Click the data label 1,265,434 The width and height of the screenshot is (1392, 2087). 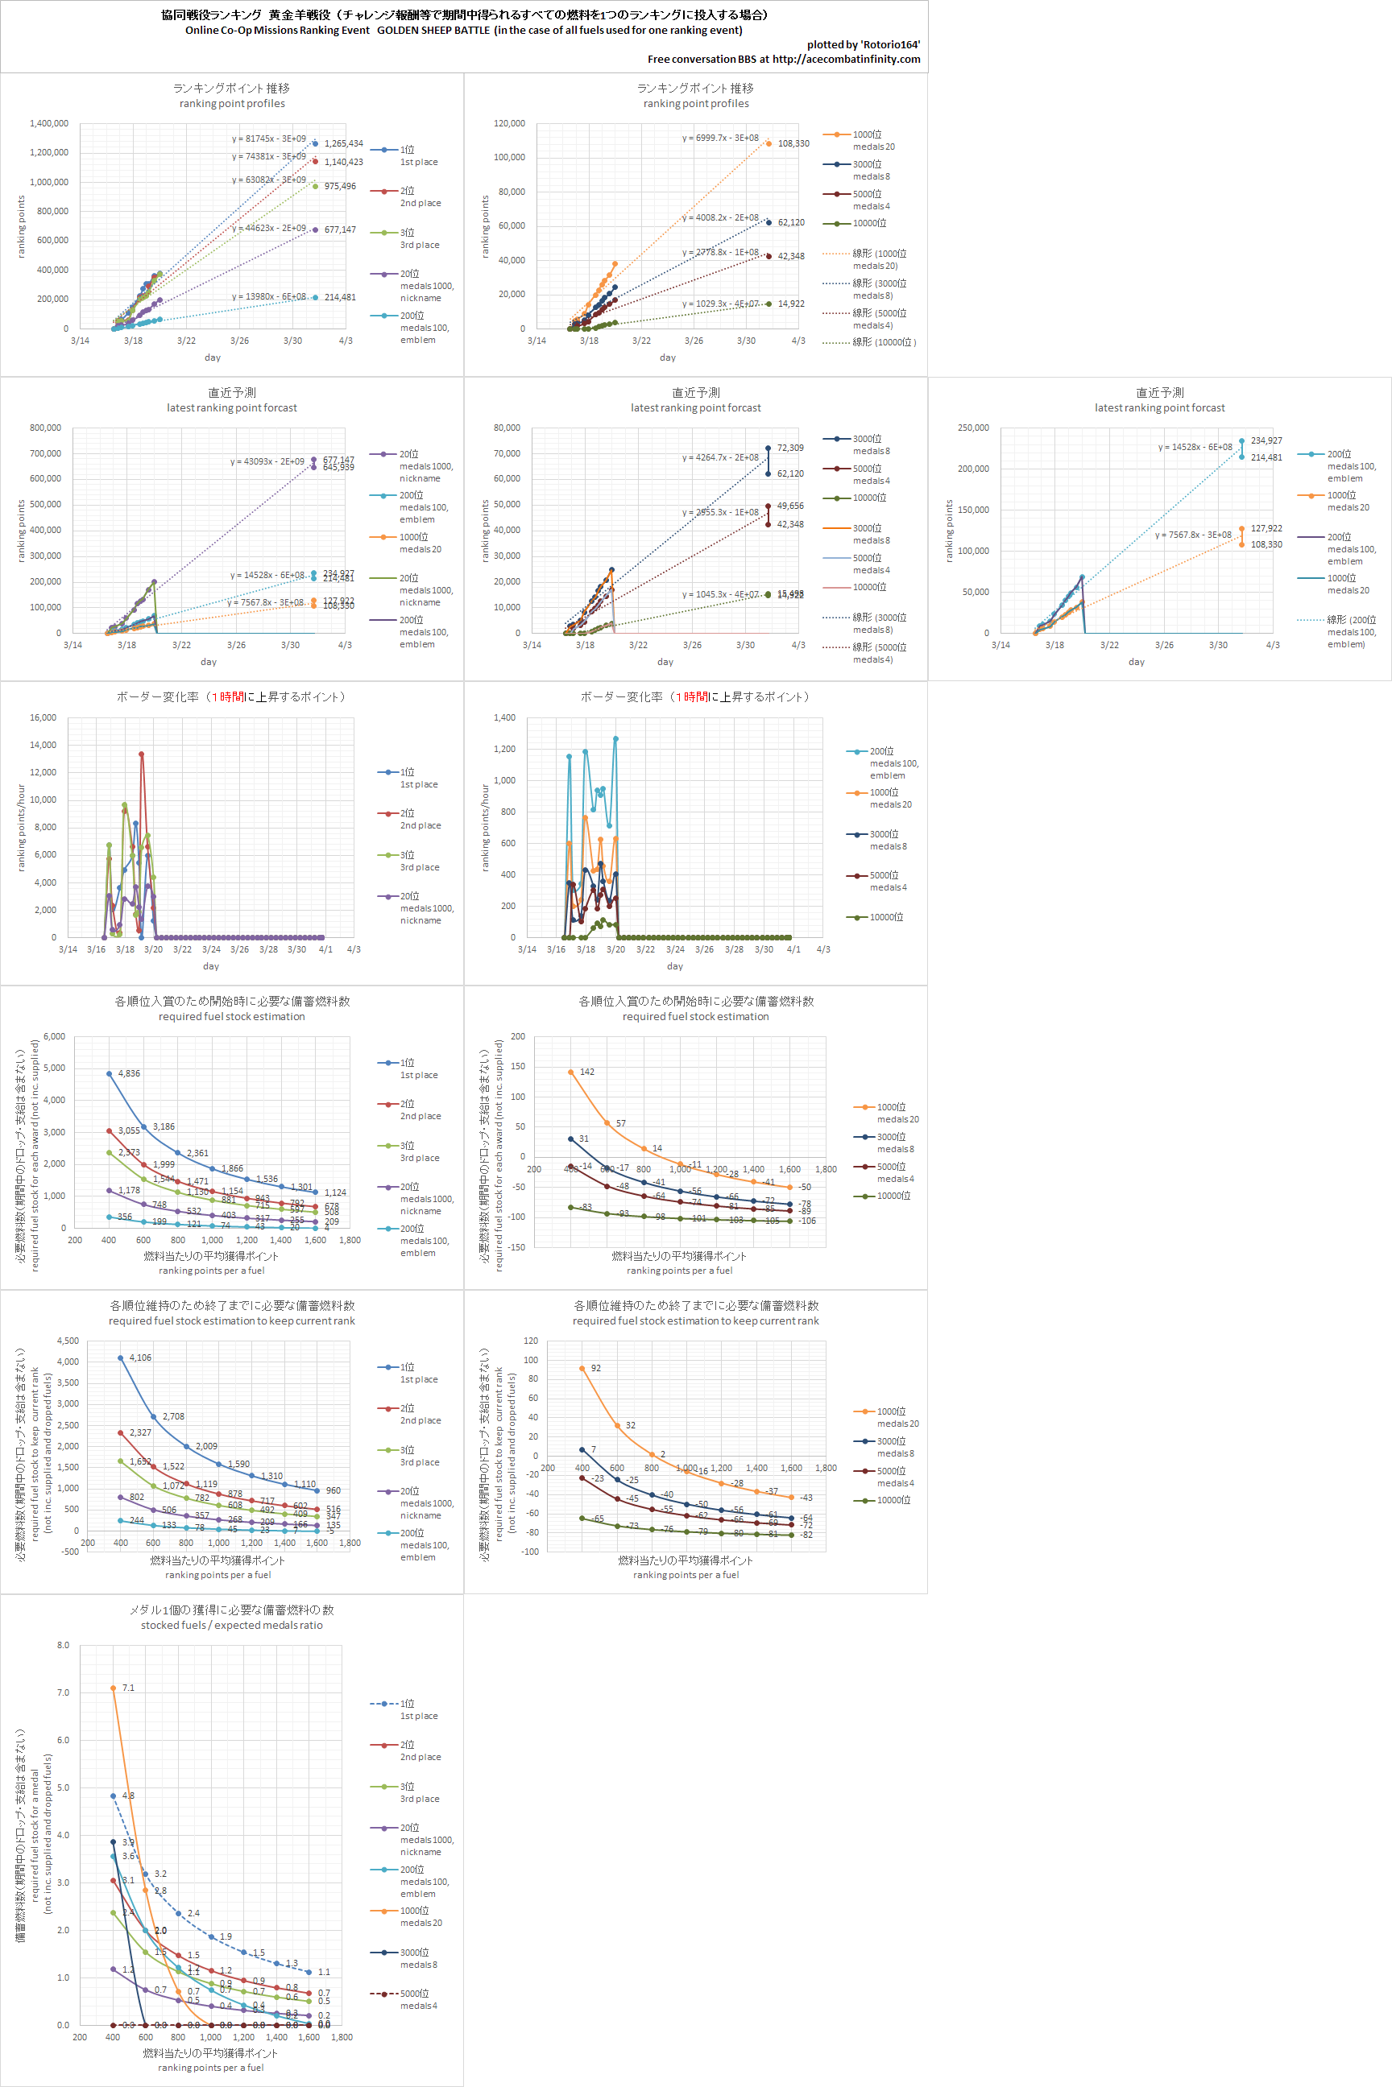coord(343,144)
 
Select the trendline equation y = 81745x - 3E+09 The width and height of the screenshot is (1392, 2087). coord(269,139)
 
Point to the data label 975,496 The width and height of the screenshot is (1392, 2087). coord(340,186)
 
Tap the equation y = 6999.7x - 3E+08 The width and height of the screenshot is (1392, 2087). coord(720,138)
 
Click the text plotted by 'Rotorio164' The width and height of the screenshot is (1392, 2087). coord(863,44)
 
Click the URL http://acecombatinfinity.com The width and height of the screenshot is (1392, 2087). coord(846,60)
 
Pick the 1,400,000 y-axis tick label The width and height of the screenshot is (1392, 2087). coord(49,123)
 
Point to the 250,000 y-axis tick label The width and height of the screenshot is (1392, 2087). coord(973,428)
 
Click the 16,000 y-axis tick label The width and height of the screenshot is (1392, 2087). coord(43,718)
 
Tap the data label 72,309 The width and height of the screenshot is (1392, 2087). coord(790,448)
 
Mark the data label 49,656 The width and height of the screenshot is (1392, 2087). coord(790,506)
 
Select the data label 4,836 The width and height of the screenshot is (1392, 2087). coord(129,1073)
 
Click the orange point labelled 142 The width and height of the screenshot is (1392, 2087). coord(571,1072)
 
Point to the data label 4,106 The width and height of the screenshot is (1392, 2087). coord(140,1358)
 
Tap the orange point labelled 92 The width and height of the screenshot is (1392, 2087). coord(582,1368)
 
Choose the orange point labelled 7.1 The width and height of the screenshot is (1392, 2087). coord(113,1688)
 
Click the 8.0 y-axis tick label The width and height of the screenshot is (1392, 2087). coord(63,1645)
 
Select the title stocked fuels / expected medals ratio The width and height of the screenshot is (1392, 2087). coord(232,1626)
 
